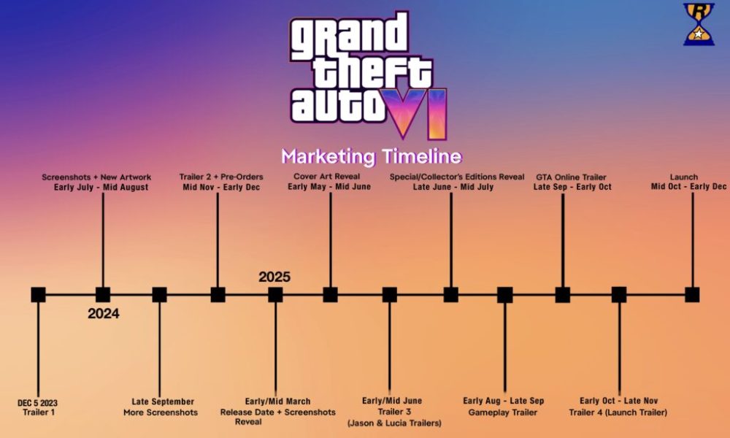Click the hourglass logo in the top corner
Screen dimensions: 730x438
(699, 24)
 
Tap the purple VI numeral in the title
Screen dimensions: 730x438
(418, 114)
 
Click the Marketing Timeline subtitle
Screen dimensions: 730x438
(372, 156)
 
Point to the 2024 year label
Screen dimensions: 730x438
(104, 314)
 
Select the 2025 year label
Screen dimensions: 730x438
(274, 277)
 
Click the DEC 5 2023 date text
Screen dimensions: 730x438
(38, 403)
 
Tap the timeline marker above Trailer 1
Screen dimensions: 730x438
(38, 295)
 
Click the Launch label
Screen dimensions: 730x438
(683, 177)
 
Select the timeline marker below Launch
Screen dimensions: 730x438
(692, 295)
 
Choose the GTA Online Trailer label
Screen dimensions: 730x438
(572, 177)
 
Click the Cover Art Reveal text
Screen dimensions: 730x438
(327, 177)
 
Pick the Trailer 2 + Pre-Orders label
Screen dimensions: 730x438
(221, 177)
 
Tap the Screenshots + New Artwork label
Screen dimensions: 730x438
(96, 177)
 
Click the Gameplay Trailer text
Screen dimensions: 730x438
(503, 412)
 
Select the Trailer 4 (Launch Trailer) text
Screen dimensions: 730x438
(618, 412)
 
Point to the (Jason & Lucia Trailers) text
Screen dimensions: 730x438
(394, 423)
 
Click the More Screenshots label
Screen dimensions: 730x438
(161, 412)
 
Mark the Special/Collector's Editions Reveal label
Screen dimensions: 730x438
(457, 177)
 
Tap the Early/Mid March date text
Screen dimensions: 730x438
(277, 401)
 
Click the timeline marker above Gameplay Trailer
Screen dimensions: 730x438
(504, 295)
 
